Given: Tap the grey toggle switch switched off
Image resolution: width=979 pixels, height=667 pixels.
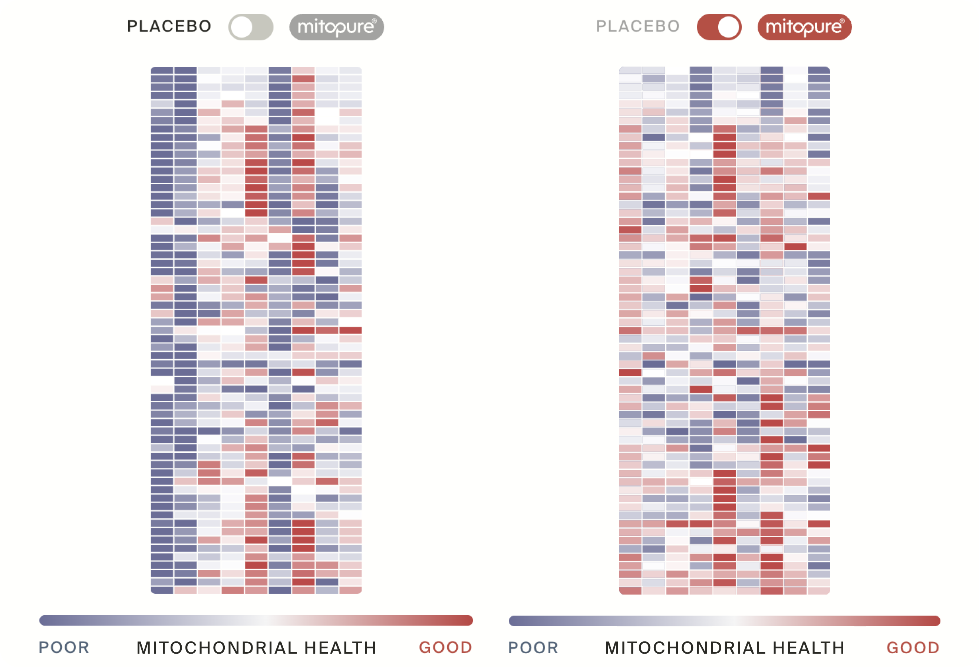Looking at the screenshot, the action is pos(251,27).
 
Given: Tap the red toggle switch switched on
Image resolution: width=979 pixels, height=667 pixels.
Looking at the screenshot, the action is pos(719,27).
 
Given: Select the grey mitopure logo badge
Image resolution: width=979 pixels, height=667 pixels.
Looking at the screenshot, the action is pos(337,27).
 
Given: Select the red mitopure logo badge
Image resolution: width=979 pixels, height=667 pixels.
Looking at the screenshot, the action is pos(805,27).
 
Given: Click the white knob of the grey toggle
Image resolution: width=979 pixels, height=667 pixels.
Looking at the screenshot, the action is pos(242,27).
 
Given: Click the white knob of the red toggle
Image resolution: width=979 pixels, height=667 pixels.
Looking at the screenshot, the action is pos(729,27).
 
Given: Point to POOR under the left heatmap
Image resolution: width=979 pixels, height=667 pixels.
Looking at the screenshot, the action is pos(64,647).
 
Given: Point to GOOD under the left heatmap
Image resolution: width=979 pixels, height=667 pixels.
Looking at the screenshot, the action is pos(446,647).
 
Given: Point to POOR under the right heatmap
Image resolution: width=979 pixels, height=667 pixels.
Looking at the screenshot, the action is pos(533,647).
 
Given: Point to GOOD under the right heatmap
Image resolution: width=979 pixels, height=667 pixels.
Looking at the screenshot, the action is pos(913,647).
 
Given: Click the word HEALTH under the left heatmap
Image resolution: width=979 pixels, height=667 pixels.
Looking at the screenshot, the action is pos(340,648).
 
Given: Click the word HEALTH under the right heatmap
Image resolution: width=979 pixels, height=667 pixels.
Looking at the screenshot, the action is pos(809,648).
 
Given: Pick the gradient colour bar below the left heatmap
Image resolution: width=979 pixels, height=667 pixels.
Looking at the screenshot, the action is pos(256,620).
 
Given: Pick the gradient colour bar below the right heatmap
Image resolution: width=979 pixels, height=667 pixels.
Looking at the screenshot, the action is pos(725,621).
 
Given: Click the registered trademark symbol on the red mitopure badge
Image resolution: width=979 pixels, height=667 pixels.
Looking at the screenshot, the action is pos(842,21).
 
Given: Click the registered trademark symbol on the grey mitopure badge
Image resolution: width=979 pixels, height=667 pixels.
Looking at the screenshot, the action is pos(374,21).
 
